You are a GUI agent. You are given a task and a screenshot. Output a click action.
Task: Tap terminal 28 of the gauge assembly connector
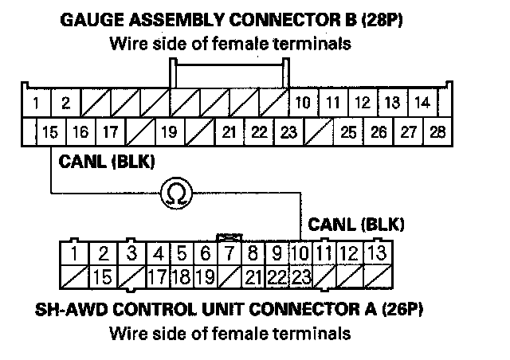[x=437, y=131]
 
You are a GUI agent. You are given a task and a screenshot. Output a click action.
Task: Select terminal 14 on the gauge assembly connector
[x=423, y=103]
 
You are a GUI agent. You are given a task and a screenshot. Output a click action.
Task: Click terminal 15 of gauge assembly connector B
[x=49, y=131]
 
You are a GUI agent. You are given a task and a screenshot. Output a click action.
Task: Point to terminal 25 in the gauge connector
[x=348, y=131]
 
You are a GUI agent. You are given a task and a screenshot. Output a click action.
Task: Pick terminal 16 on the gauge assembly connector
[x=80, y=131]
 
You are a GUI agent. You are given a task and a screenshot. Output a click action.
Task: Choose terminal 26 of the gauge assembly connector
[x=379, y=131]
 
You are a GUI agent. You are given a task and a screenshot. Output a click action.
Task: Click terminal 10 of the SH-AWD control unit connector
[x=300, y=254]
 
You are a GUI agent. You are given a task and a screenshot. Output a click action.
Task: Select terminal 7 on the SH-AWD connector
[x=229, y=254]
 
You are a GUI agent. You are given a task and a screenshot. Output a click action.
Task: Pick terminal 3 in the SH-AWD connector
[x=132, y=254]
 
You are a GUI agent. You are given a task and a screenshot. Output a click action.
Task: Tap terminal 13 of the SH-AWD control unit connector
[x=377, y=254]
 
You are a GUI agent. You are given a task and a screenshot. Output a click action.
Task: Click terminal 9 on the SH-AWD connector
[x=277, y=254]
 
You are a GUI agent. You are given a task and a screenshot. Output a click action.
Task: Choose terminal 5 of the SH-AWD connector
[x=182, y=254]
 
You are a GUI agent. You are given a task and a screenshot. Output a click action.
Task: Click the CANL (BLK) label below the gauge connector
[x=106, y=162]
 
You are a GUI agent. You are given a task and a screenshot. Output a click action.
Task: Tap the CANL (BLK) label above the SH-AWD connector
[x=355, y=224]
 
